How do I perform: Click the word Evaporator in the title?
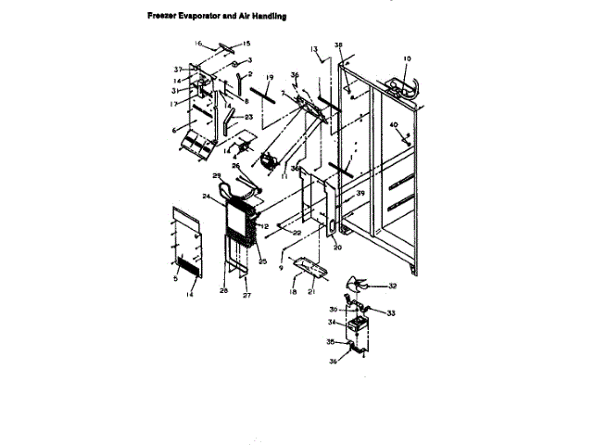(x=199, y=16)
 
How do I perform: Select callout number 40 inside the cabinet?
(x=394, y=124)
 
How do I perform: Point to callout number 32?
(x=393, y=286)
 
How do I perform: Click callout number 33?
(x=391, y=313)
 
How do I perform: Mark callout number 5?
(x=175, y=276)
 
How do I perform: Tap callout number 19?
(x=270, y=77)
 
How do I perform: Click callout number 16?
(x=198, y=43)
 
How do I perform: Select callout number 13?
(x=314, y=47)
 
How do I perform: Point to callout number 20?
(x=337, y=248)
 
